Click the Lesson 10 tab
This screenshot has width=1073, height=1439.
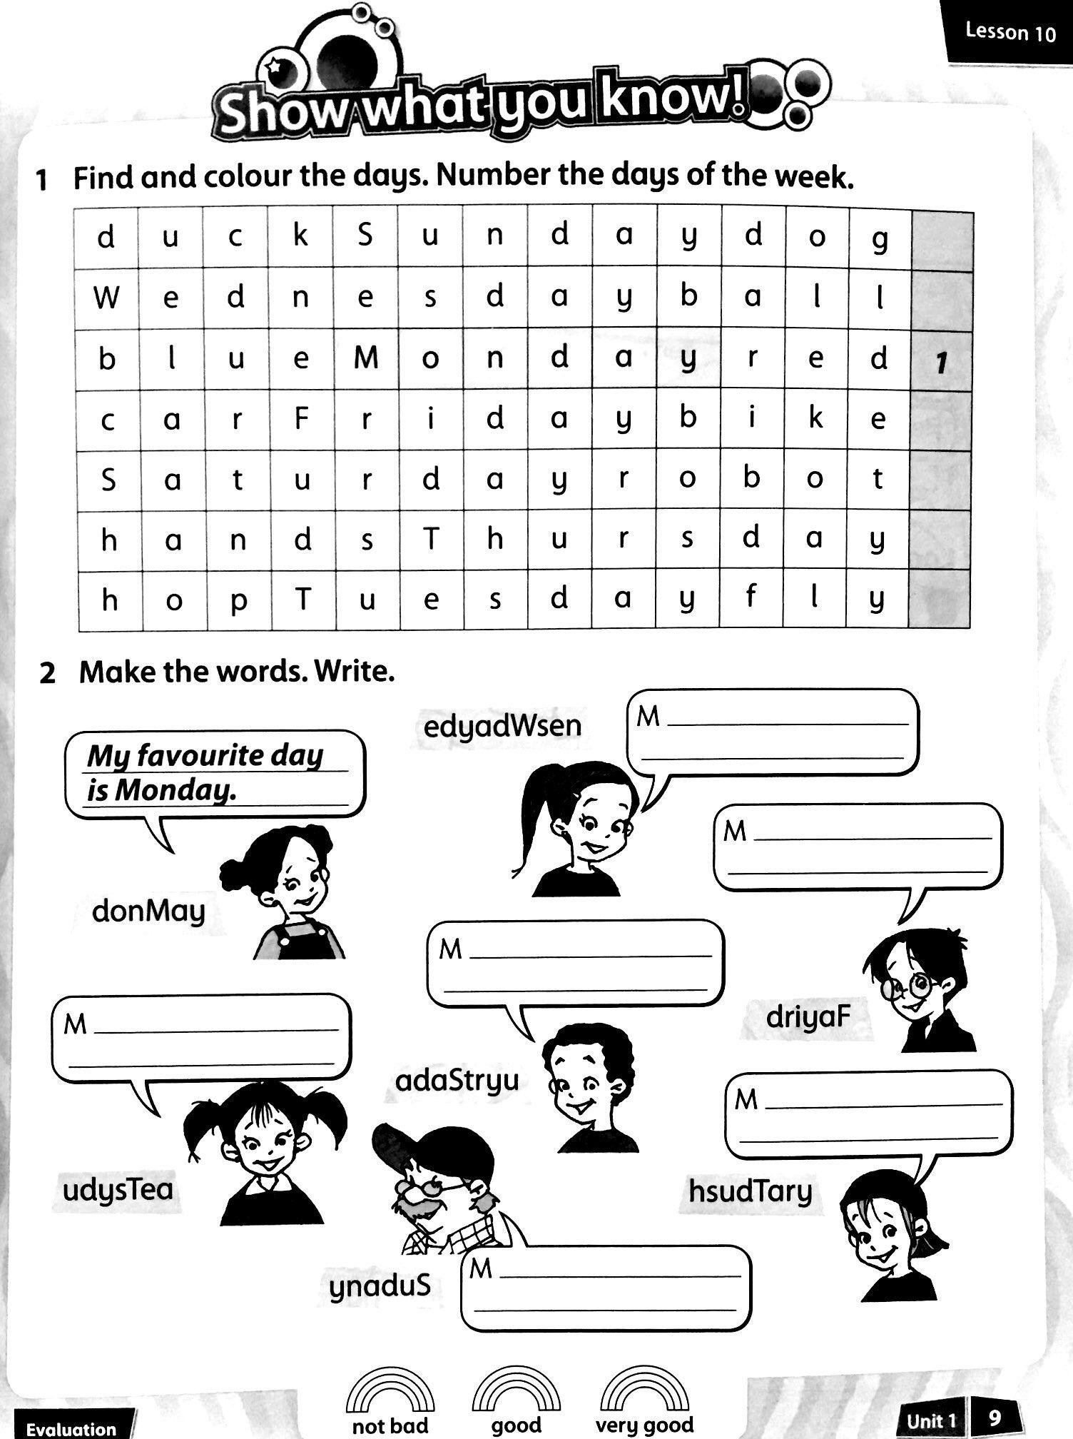[x=1010, y=32]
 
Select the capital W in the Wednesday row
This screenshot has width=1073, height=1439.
[x=106, y=297]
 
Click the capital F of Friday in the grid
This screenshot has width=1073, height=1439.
[x=301, y=418]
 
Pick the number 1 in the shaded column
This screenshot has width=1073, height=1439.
[x=942, y=363]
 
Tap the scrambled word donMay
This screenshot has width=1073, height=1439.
[x=148, y=912]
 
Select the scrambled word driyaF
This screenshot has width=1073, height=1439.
[x=808, y=1016]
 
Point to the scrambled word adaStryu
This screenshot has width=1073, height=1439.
[x=457, y=1081]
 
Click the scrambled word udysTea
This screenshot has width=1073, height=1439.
[x=118, y=1189]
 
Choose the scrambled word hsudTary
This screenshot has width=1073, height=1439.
[x=751, y=1191]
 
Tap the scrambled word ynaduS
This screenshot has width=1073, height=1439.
[x=380, y=1286]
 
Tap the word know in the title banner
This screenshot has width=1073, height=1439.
[x=671, y=100]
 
